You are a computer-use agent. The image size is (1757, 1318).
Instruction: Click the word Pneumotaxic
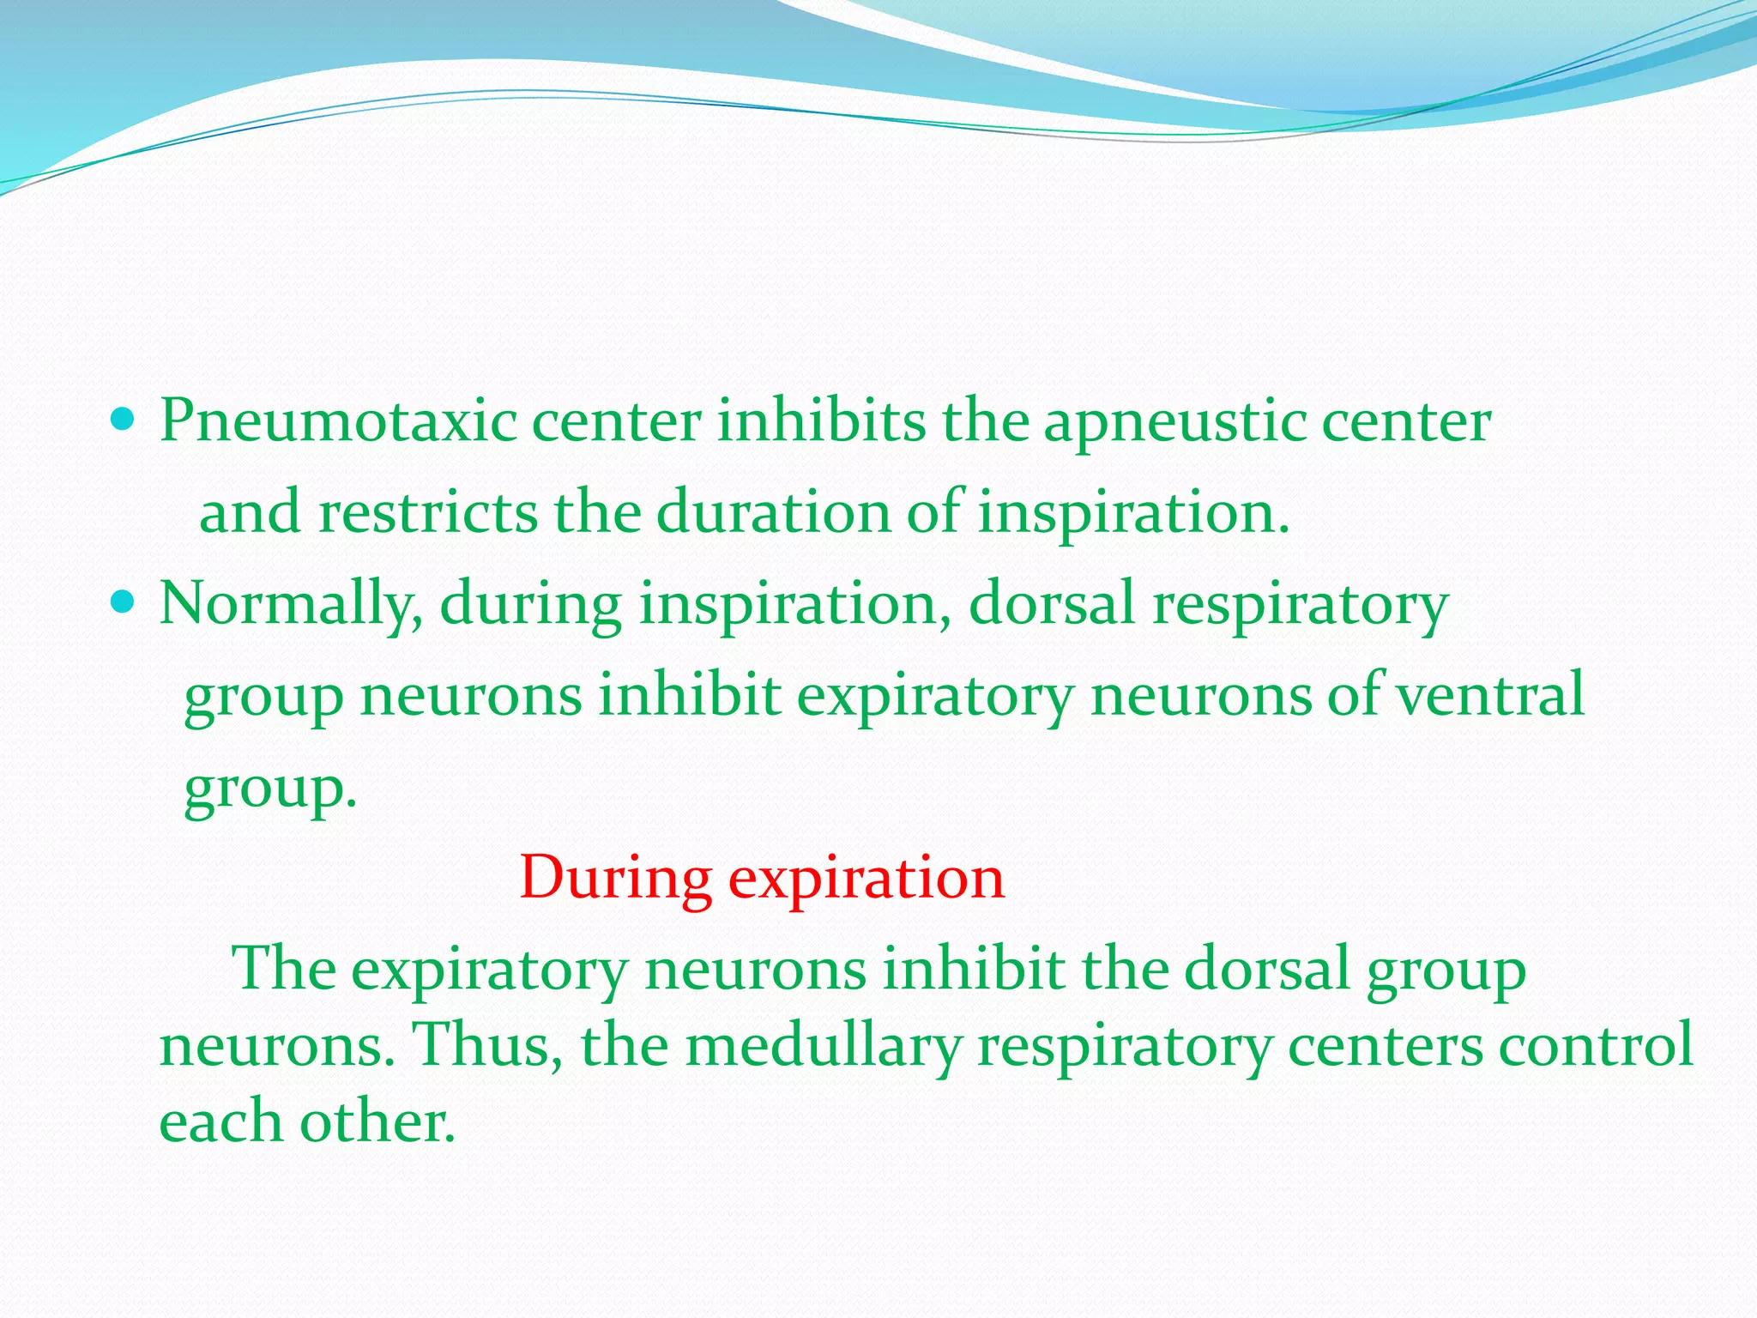click(x=338, y=422)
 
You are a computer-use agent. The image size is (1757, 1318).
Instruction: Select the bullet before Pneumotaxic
click(x=124, y=420)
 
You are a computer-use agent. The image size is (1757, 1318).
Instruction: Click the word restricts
click(x=428, y=512)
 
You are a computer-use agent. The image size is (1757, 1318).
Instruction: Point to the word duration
click(x=773, y=512)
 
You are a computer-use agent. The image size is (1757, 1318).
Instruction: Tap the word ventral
click(x=1490, y=695)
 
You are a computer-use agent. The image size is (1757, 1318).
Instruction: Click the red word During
click(x=615, y=879)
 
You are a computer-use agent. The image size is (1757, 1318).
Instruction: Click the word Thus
click(x=487, y=1045)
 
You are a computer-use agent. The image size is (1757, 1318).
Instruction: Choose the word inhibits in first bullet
click(x=821, y=422)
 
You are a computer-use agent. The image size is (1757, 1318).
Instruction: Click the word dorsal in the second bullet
click(x=1052, y=603)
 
